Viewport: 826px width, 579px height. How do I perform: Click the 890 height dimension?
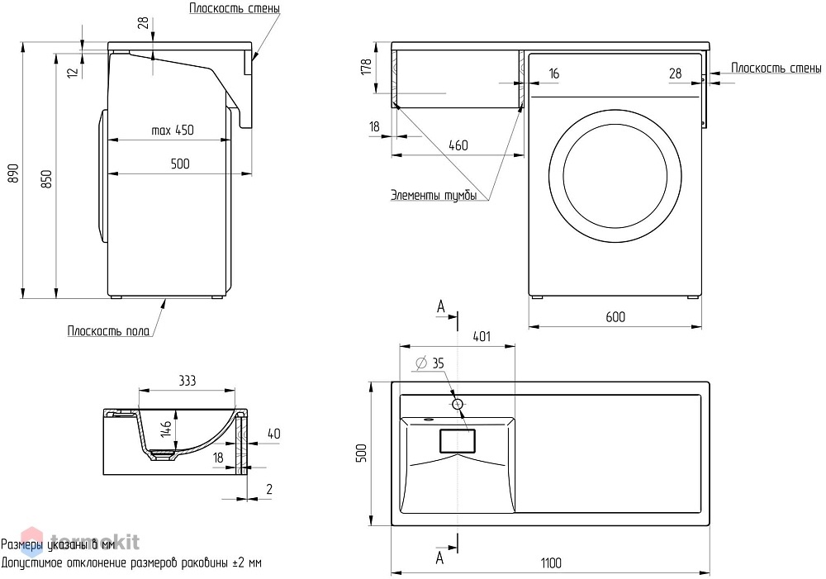pos(14,173)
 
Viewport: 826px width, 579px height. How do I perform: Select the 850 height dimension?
pos(46,180)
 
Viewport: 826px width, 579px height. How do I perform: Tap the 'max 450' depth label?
pos(173,131)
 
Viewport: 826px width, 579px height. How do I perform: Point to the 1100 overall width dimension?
pos(551,563)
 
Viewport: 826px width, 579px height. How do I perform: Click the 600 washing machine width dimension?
pos(615,316)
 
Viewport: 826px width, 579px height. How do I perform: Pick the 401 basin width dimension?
pos(482,336)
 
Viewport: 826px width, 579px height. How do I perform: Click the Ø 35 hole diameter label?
pos(430,363)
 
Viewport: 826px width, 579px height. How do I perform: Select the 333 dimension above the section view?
pos(187,381)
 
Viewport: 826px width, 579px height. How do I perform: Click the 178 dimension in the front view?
pos(367,67)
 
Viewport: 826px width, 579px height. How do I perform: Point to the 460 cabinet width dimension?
pos(458,145)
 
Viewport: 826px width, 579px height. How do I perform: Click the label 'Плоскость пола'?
pos(108,331)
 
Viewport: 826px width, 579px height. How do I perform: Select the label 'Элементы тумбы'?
pos(434,195)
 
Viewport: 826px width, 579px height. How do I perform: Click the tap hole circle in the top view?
pos(458,404)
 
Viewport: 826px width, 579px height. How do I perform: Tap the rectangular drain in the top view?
pos(458,441)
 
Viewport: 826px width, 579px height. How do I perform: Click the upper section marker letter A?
pos(441,307)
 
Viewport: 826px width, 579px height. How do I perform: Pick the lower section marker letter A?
pos(440,558)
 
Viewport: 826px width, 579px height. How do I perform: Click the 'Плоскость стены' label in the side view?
pos(235,8)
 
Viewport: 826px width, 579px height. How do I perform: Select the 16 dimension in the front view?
pos(553,74)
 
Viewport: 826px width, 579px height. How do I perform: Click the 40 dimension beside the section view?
pos(274,434)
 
